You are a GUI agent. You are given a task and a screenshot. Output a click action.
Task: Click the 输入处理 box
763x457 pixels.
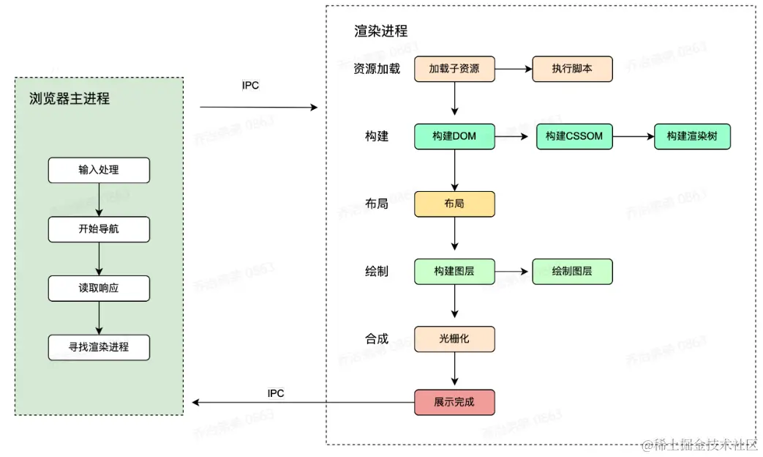[99, 170]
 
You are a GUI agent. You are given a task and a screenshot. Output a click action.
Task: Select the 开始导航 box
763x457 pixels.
[99, 229]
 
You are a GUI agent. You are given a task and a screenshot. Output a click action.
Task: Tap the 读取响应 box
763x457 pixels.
[99, 288]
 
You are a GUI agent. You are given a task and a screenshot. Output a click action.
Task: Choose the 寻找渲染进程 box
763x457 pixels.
[99, 347]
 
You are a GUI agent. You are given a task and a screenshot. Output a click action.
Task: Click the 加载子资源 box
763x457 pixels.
[454, 69]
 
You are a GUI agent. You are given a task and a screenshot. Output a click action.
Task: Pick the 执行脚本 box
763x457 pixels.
[572, 69]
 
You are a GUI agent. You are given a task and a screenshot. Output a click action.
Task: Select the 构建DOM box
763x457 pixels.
[454, 136]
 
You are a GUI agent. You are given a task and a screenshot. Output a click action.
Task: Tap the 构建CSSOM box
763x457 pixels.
[574, 136]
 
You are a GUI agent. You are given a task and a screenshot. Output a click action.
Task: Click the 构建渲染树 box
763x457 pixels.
[692, 136]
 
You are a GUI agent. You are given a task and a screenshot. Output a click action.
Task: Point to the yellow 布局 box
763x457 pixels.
[454, 204]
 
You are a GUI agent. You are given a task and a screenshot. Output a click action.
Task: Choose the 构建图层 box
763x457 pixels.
[454, 271]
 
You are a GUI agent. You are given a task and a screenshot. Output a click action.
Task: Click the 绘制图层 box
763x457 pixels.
[572, 271]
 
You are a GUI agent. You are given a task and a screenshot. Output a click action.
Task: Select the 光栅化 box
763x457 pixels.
[454, 338]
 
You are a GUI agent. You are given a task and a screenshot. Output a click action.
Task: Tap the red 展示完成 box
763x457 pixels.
[454, 402]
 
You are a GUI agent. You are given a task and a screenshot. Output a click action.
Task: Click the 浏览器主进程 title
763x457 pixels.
[69, 99]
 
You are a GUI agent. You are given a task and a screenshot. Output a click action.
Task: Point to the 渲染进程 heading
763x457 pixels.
[381, 31]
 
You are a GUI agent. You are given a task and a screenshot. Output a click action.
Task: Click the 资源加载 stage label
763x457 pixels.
[377, 70]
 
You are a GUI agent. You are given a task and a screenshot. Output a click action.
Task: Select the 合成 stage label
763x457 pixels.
[377, 338]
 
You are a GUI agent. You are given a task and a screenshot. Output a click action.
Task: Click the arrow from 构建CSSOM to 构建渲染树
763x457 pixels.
[633, 136]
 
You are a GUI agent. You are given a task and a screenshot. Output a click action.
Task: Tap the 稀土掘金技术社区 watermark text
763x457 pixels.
[701, 445]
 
